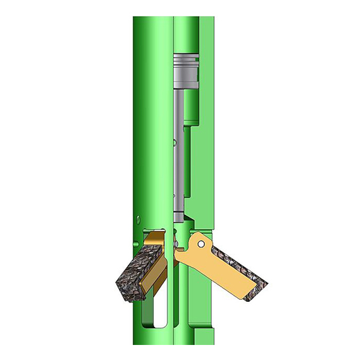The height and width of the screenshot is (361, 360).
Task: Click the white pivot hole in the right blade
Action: (199, 244)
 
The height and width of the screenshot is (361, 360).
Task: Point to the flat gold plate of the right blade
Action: (208, 268)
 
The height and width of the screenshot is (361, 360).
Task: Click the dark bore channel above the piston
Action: (184, 35)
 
